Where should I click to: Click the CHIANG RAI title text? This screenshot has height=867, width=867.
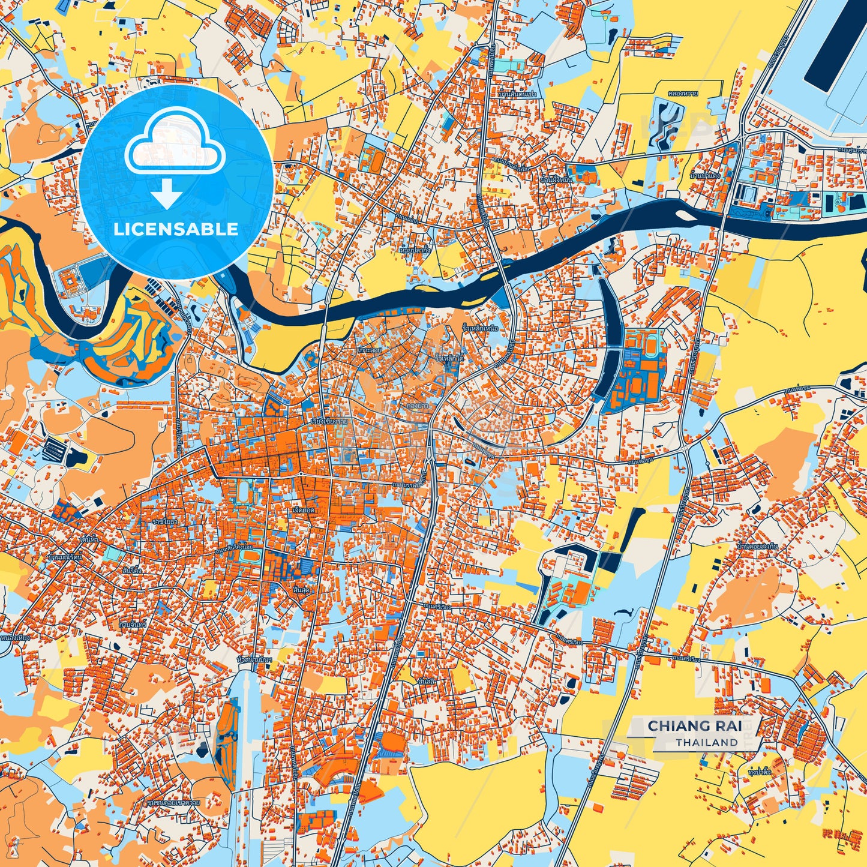694,726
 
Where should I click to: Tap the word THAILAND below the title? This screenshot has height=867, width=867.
707,743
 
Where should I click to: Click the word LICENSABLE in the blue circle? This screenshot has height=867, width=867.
176,229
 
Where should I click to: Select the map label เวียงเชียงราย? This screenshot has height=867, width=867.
329,421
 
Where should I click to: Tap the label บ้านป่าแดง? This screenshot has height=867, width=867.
704,176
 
